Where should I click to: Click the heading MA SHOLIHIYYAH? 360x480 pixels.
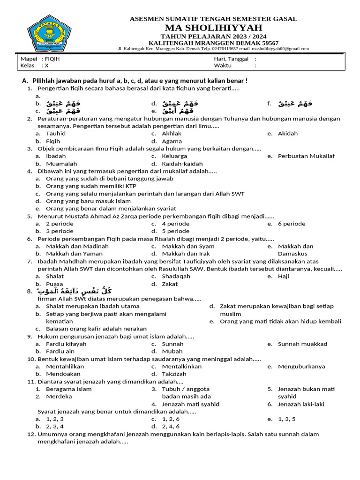click(213, 28)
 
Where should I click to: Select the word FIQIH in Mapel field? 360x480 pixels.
click(52, 59)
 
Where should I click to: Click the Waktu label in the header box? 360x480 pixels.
click(223, 66)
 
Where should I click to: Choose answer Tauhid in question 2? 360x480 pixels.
click(56, 134)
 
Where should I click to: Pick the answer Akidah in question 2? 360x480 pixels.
click(287, 134)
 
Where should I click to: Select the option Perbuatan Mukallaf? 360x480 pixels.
click(306, 156)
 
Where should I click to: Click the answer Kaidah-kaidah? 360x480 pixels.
click(182, 164)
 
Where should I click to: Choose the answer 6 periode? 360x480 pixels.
click(292, 224)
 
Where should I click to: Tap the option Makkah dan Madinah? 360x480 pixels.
click(77, 247)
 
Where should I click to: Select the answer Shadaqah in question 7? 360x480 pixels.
click(176, 277)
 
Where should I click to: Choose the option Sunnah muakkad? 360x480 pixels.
click(302, 344)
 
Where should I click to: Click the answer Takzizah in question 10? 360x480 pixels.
click(174, 374)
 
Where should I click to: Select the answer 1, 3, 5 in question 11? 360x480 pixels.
click(286, 419)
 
